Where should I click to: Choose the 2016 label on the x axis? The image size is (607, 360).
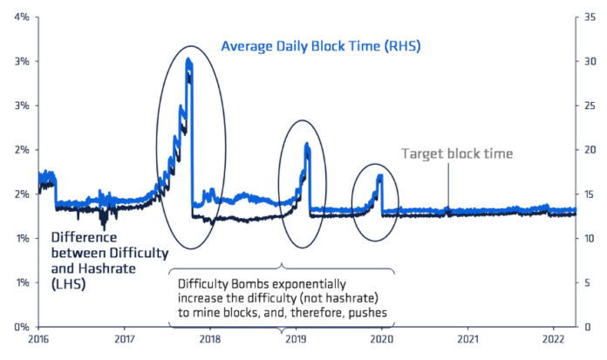point(39,339)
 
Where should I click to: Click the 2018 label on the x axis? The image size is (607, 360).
point(210,339)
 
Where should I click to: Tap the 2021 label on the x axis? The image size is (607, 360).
point(468,339)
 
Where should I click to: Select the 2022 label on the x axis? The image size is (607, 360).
point(554,339)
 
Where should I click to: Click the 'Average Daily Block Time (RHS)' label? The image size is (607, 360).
point(320,45)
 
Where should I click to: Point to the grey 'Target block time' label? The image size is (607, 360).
point(457,154)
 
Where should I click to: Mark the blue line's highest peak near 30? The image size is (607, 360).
point(188,60)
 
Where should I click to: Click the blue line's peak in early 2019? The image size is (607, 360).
point(307,145)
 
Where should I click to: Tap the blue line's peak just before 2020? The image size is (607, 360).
point(380,176)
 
